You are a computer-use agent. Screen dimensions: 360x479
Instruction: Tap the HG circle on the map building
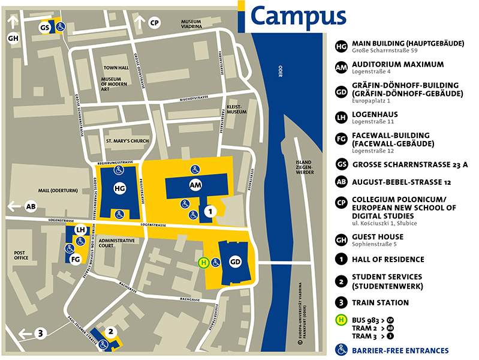pyautogui.click(x=119, y=188)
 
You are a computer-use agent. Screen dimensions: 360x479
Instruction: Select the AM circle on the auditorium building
pyautogui.click(x=195, y=185)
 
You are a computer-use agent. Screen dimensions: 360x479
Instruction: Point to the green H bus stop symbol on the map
pyautogui.click(x=204, y=262)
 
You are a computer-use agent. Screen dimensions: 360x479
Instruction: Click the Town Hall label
pyautogui.click(x=115, y=68)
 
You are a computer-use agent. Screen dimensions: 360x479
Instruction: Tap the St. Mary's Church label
pyautogui.click(x=126, y=141)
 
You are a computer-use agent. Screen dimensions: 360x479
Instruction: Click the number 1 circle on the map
pyautogui.click(x=209, y=211)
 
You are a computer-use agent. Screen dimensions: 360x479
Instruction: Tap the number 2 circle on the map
pyautogui.click(x=110, y=331)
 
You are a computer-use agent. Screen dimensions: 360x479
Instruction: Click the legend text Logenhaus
pyautogui.click(x=375, y=114)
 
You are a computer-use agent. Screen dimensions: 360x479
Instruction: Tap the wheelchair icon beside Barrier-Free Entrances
pyautogui.click(x=341, y=350)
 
